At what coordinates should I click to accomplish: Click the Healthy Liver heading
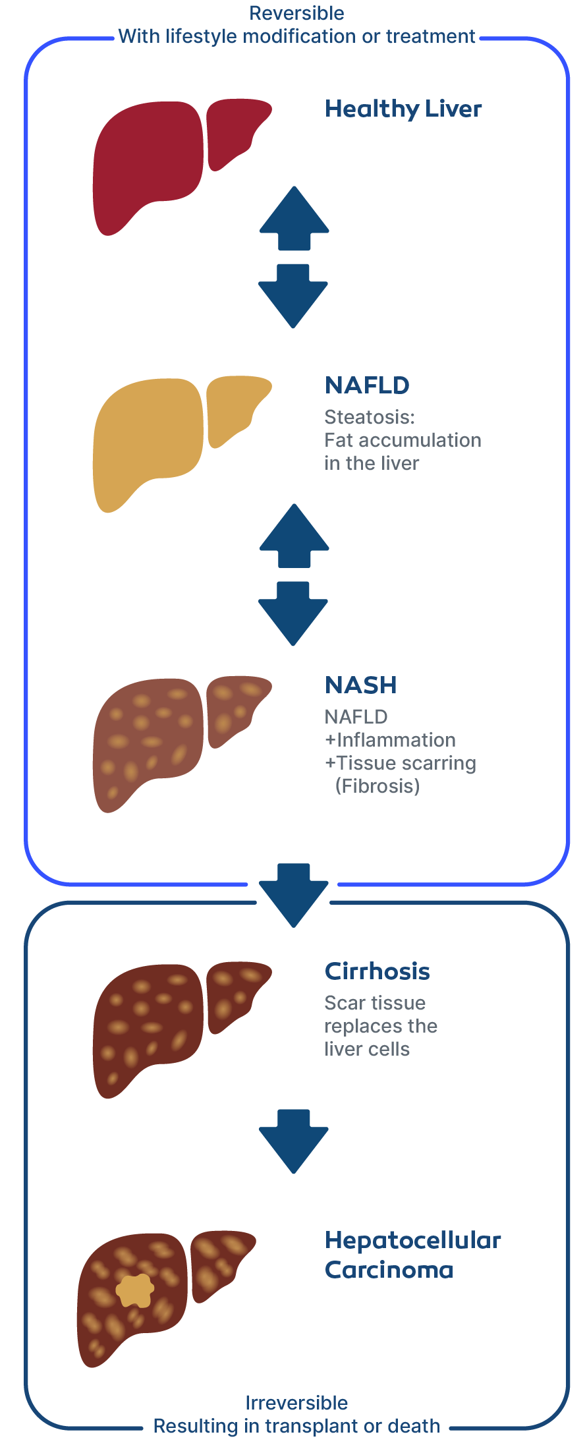403,109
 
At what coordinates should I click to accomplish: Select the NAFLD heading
367,385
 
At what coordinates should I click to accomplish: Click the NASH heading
361,685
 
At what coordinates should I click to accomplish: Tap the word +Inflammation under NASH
390,740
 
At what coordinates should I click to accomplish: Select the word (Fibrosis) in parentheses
377,786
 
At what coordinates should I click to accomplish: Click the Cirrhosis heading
377,971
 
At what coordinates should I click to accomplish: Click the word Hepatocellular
413,1241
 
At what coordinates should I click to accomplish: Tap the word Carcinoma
389,1270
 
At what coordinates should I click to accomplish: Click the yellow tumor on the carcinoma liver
135,1290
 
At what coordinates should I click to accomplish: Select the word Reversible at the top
296,13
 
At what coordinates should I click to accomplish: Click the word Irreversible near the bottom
296,1403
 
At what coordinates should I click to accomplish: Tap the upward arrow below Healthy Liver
294,218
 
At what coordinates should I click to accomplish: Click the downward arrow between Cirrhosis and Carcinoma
293,1141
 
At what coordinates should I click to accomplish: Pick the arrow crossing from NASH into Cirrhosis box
293,895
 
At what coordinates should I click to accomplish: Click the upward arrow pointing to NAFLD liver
294,536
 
